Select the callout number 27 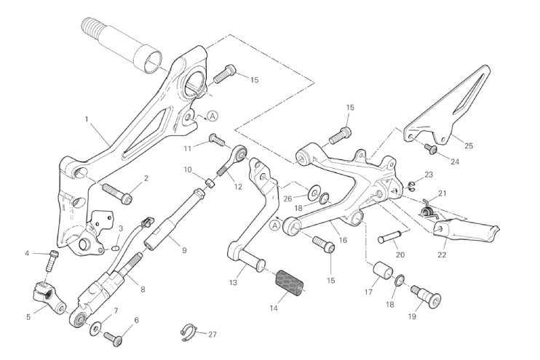pyautogui.click(x=213, y=335)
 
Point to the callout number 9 pyautogui.click(x=184, y=250)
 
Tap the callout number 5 pyautogui.click(x=28, y=317)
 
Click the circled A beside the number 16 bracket pyautogui.click(x=274, y=225)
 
